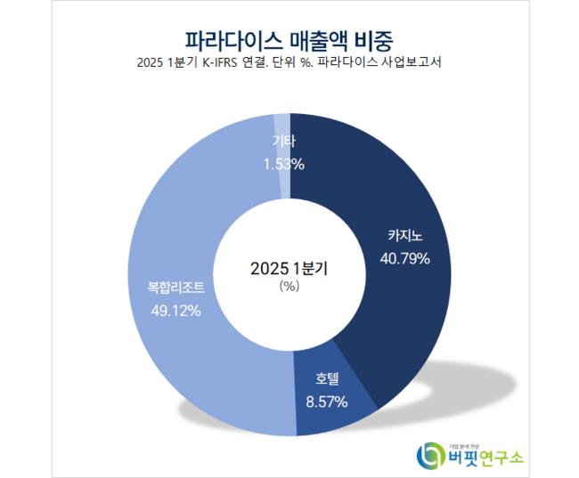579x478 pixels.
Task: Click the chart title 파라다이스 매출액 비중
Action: (x=289, y=40)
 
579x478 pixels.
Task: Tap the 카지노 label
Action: (x=403, y=237)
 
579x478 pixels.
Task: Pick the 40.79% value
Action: (x=404, y=259)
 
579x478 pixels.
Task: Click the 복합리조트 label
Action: (x=176, y=288)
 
